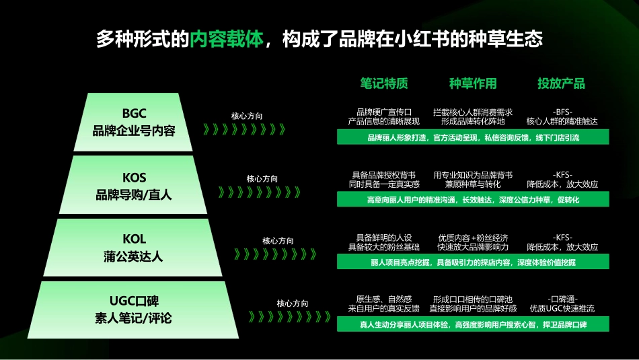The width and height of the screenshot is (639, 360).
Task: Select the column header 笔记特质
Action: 383,83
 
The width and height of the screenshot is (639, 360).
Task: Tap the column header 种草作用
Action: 473,83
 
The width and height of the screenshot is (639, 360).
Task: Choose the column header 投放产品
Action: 561,83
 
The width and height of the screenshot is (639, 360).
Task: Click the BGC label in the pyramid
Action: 134,113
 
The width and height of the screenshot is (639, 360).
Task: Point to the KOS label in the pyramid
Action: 134,178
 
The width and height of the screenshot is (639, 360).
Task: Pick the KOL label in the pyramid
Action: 134,239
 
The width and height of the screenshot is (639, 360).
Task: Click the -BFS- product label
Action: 562,112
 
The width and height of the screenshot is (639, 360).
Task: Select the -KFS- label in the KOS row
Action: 562,174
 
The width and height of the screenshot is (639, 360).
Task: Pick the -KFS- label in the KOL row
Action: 562,238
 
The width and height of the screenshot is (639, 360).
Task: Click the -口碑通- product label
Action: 562,299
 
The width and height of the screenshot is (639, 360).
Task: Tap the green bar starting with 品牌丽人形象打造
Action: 473,138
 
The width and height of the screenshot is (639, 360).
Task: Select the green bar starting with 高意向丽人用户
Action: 473,200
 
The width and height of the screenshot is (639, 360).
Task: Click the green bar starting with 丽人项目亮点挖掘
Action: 473,262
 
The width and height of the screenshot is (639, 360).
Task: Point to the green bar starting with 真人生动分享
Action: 473,325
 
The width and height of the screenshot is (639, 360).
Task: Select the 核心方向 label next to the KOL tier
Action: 278,241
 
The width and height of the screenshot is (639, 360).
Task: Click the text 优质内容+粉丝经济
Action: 473,238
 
